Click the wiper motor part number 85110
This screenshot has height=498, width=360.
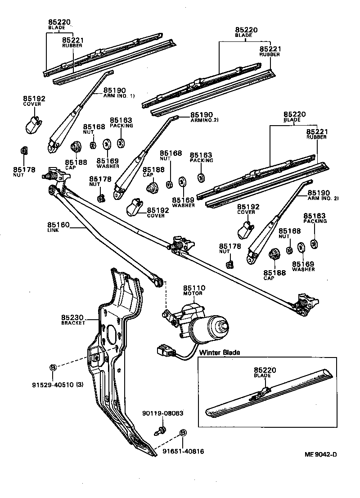[194, 288]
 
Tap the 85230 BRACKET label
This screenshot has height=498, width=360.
[73, 319]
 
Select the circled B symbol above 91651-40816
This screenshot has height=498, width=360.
[183, 433]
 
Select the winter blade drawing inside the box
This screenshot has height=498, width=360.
[268, 394]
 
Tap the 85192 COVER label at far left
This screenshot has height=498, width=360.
[34, 101]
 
